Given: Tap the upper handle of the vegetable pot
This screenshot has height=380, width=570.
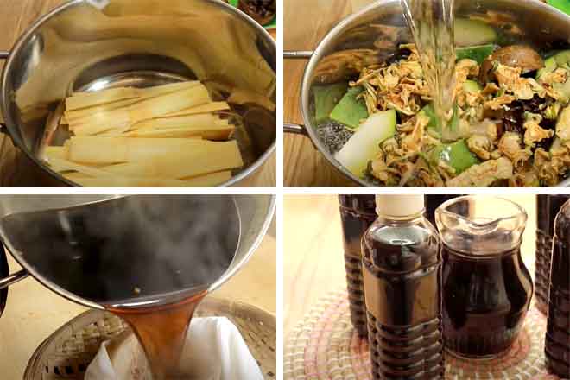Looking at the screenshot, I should click(295, 54).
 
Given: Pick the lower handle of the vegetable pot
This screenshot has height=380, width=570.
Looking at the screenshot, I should click(294, 130).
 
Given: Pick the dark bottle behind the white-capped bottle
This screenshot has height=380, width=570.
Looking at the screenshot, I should click(354, 250).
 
